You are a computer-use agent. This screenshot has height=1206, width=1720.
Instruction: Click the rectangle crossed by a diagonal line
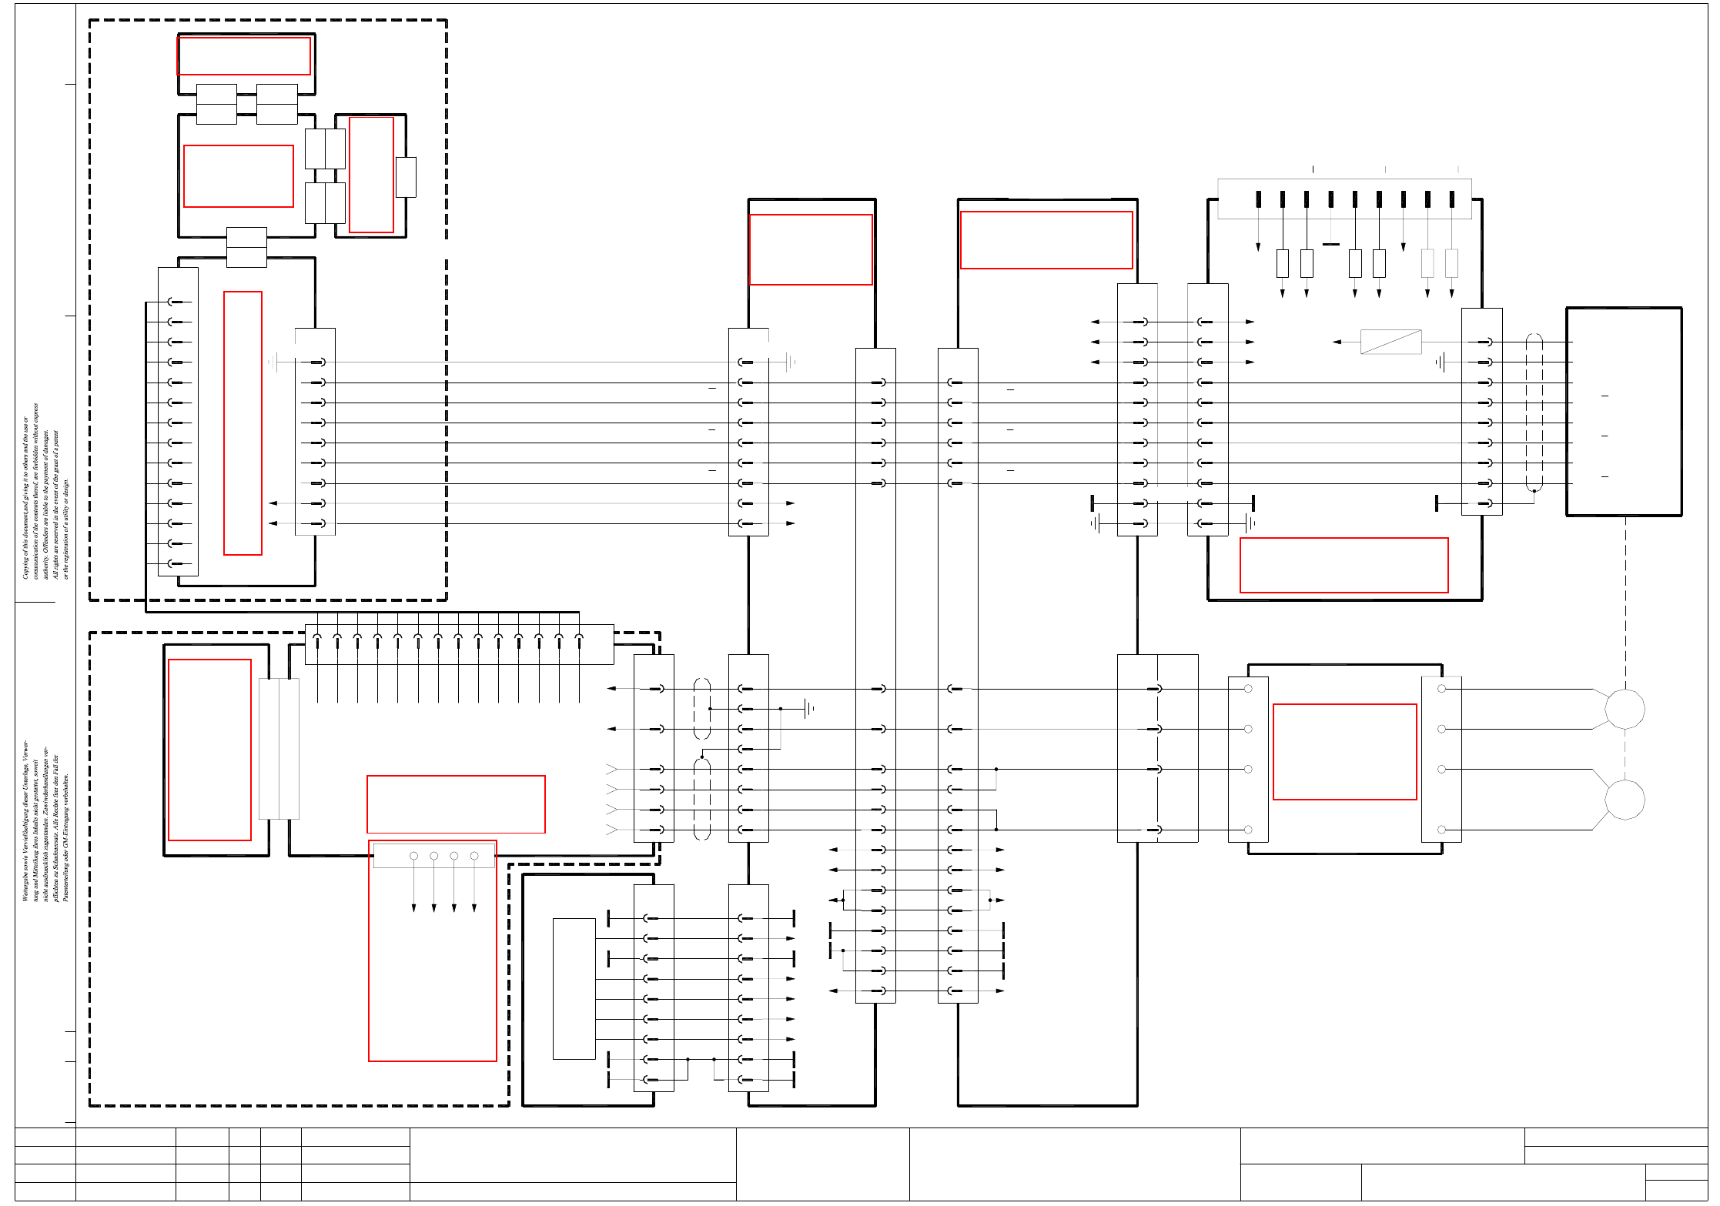1390,342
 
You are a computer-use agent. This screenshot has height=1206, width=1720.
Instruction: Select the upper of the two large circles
1625,709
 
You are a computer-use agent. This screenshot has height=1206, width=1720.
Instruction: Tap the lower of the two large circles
1625,800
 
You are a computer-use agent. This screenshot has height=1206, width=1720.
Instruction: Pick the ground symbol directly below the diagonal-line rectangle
1441,362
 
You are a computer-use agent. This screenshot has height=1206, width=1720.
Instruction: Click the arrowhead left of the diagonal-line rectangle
1337,342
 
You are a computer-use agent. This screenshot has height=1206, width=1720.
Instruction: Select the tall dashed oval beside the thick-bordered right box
1534,413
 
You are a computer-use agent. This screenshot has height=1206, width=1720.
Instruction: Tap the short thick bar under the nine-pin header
1330,245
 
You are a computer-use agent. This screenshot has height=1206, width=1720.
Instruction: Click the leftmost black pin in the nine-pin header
1258,199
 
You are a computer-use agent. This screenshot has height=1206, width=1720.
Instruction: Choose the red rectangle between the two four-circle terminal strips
1344,752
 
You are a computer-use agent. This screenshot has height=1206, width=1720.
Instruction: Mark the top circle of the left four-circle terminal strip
1248,689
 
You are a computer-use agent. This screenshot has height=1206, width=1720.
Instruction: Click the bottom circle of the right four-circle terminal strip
1441,830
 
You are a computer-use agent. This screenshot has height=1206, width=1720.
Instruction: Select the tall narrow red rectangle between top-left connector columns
243,423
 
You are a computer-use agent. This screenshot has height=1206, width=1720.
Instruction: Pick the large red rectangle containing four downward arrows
433,951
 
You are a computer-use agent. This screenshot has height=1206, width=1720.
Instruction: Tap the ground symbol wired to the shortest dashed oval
808,709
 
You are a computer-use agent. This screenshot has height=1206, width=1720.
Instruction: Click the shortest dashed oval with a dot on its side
702,709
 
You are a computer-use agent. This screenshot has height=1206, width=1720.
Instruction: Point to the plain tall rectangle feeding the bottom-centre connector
574,988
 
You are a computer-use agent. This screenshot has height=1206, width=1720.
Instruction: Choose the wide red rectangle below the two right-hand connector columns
1344,565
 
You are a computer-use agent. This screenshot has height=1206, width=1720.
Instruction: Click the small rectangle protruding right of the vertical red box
406,177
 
